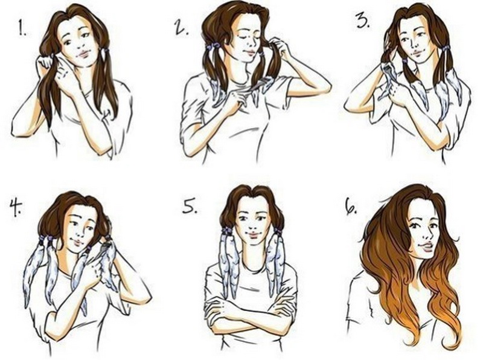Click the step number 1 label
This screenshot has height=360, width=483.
click(x=22, y=28)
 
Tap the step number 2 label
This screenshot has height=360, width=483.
click(x=182, y=28)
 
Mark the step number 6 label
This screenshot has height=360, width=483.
click(x=351, y=208)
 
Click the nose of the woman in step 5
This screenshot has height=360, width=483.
click(x=253, y=227)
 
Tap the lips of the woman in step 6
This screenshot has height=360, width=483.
click(x=426, y=246)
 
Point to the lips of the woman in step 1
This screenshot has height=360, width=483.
click(x=82, y=54)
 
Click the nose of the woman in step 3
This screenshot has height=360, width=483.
click(x=414, y=45)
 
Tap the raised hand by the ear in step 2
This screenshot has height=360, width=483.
click(x=280, y=47)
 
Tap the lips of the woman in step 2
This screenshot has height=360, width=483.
click(x=249, y=52)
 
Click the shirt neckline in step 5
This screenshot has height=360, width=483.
click(x=251, y=268)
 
